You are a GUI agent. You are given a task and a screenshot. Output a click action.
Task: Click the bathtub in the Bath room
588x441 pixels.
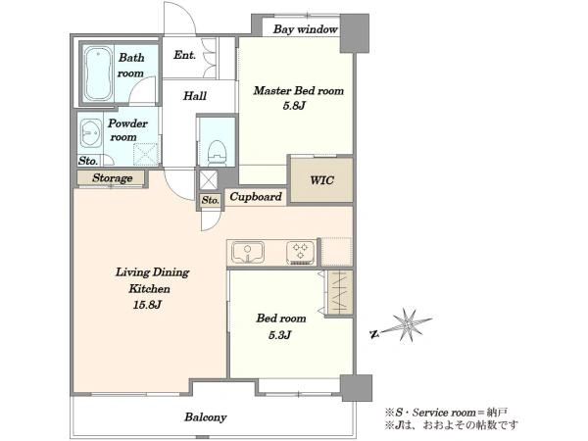pyautogui.click(x=98, y=73)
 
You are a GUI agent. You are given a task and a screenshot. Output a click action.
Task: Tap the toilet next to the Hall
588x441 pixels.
pyautogui.click(x=218, y=151)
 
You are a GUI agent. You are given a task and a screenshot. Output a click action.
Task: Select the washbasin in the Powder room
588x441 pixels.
pyautogui.click(x=90, y=132)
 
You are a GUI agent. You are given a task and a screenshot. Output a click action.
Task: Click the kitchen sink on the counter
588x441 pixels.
pyautogui.click(x=248, y=252)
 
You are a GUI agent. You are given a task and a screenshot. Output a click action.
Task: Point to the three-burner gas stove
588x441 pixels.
pyautogui.click(x=301, y=252)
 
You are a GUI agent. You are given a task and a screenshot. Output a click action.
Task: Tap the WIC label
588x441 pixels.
pyautogui.click(x=321, y=180)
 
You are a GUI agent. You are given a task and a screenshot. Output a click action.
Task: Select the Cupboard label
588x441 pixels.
pyautogui.click(x=256, y=197)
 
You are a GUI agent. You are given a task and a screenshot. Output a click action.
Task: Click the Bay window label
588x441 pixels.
pyautogui.click(x=305, y=29)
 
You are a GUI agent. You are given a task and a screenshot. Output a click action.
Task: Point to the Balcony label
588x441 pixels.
pyautogui.click(x=206, y=417)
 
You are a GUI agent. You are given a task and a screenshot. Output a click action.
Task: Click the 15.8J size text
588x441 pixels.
pyautogui.click(x=147, y=305)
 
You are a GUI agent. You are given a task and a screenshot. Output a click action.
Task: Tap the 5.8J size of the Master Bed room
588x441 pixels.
pyautogui.click(x=294, y=106)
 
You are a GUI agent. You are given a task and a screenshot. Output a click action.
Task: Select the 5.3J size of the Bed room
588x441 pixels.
pyautogui.click(x=280, y=335)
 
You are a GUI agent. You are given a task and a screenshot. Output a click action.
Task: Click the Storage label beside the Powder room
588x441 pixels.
pyautogui.click(x=113, y=178)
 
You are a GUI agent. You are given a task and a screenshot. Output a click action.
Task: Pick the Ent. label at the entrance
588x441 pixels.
pyautogui.click(x=184, y=56)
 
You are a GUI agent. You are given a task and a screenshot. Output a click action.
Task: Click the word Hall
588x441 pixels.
pyautogui.click(x=195, y=96)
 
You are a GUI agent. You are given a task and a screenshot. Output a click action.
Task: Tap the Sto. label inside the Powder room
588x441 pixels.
pyautogui.click(x=88, y=161)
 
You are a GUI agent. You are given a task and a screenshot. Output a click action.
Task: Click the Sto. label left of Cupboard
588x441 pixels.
pyautogui.click(x=211, y=201)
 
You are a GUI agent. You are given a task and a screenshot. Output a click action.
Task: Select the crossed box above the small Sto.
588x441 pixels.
pyautogui.click(x=208, y=180)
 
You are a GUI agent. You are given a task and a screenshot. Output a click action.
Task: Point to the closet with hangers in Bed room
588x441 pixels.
pyautogui.click(x=340, y=293)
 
